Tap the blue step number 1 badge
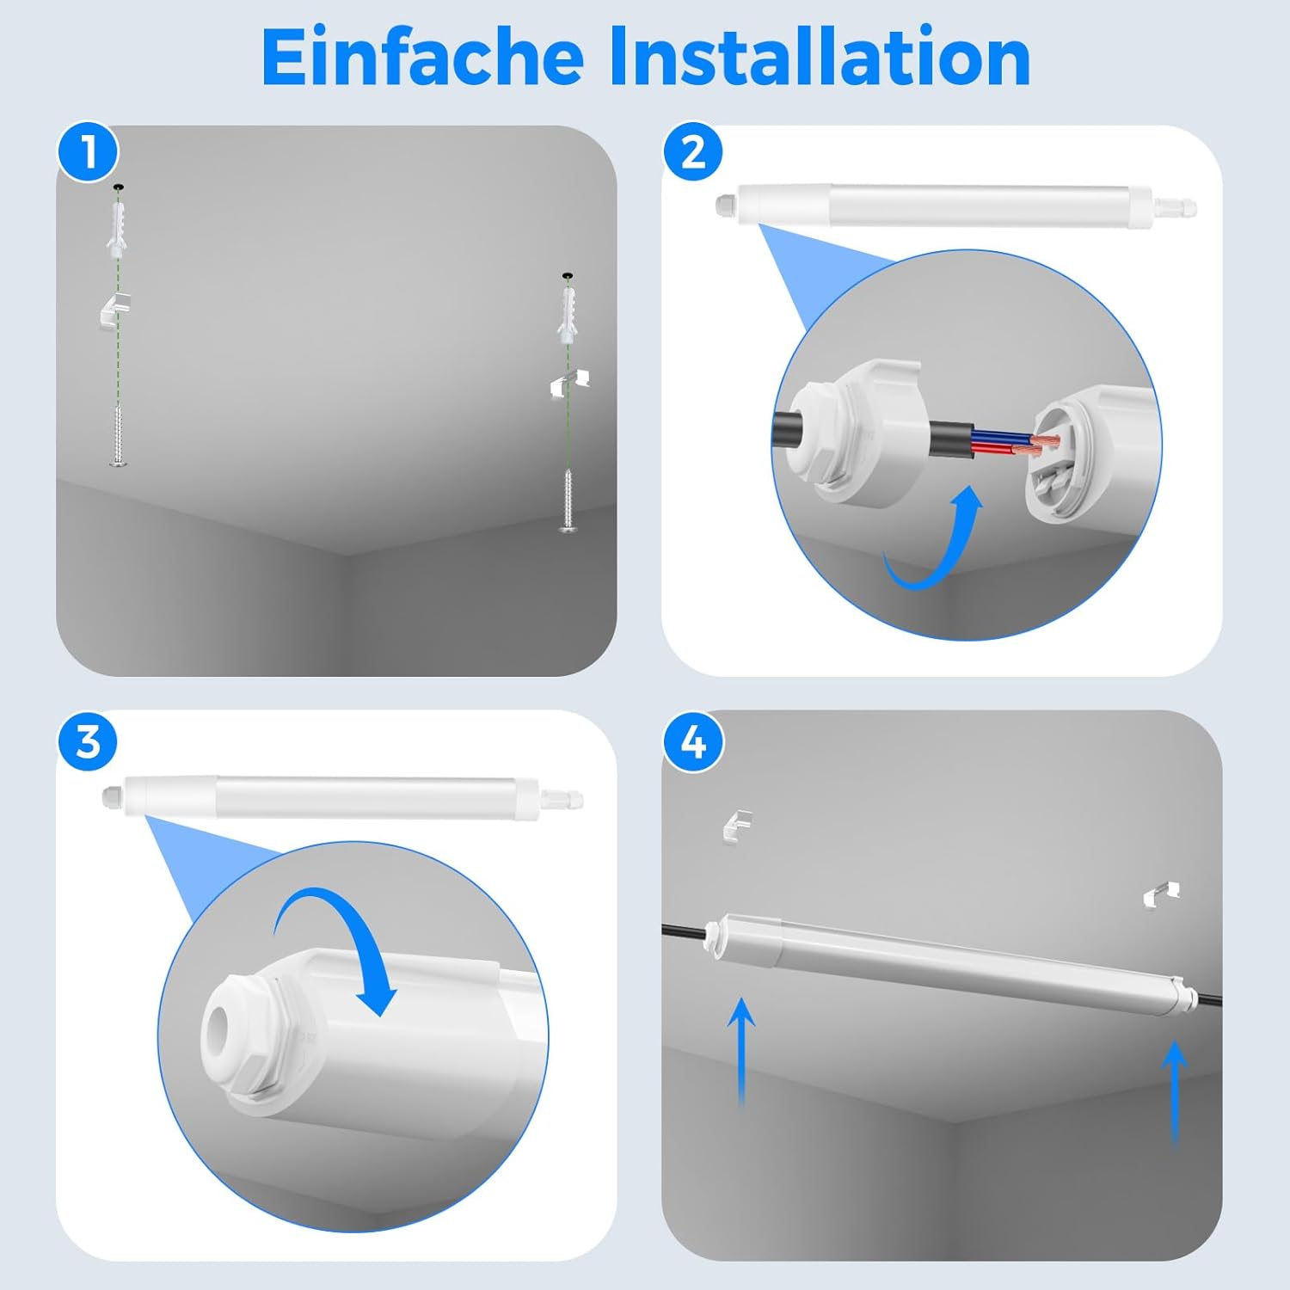point(88,152)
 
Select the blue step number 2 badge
point(693,152)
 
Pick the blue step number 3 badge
point(88,740)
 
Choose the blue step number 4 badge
point(693,740)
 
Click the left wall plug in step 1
point(118,225)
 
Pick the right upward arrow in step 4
point(1174,1092)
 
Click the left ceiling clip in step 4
point(737,824)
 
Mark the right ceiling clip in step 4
point(1161,894)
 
